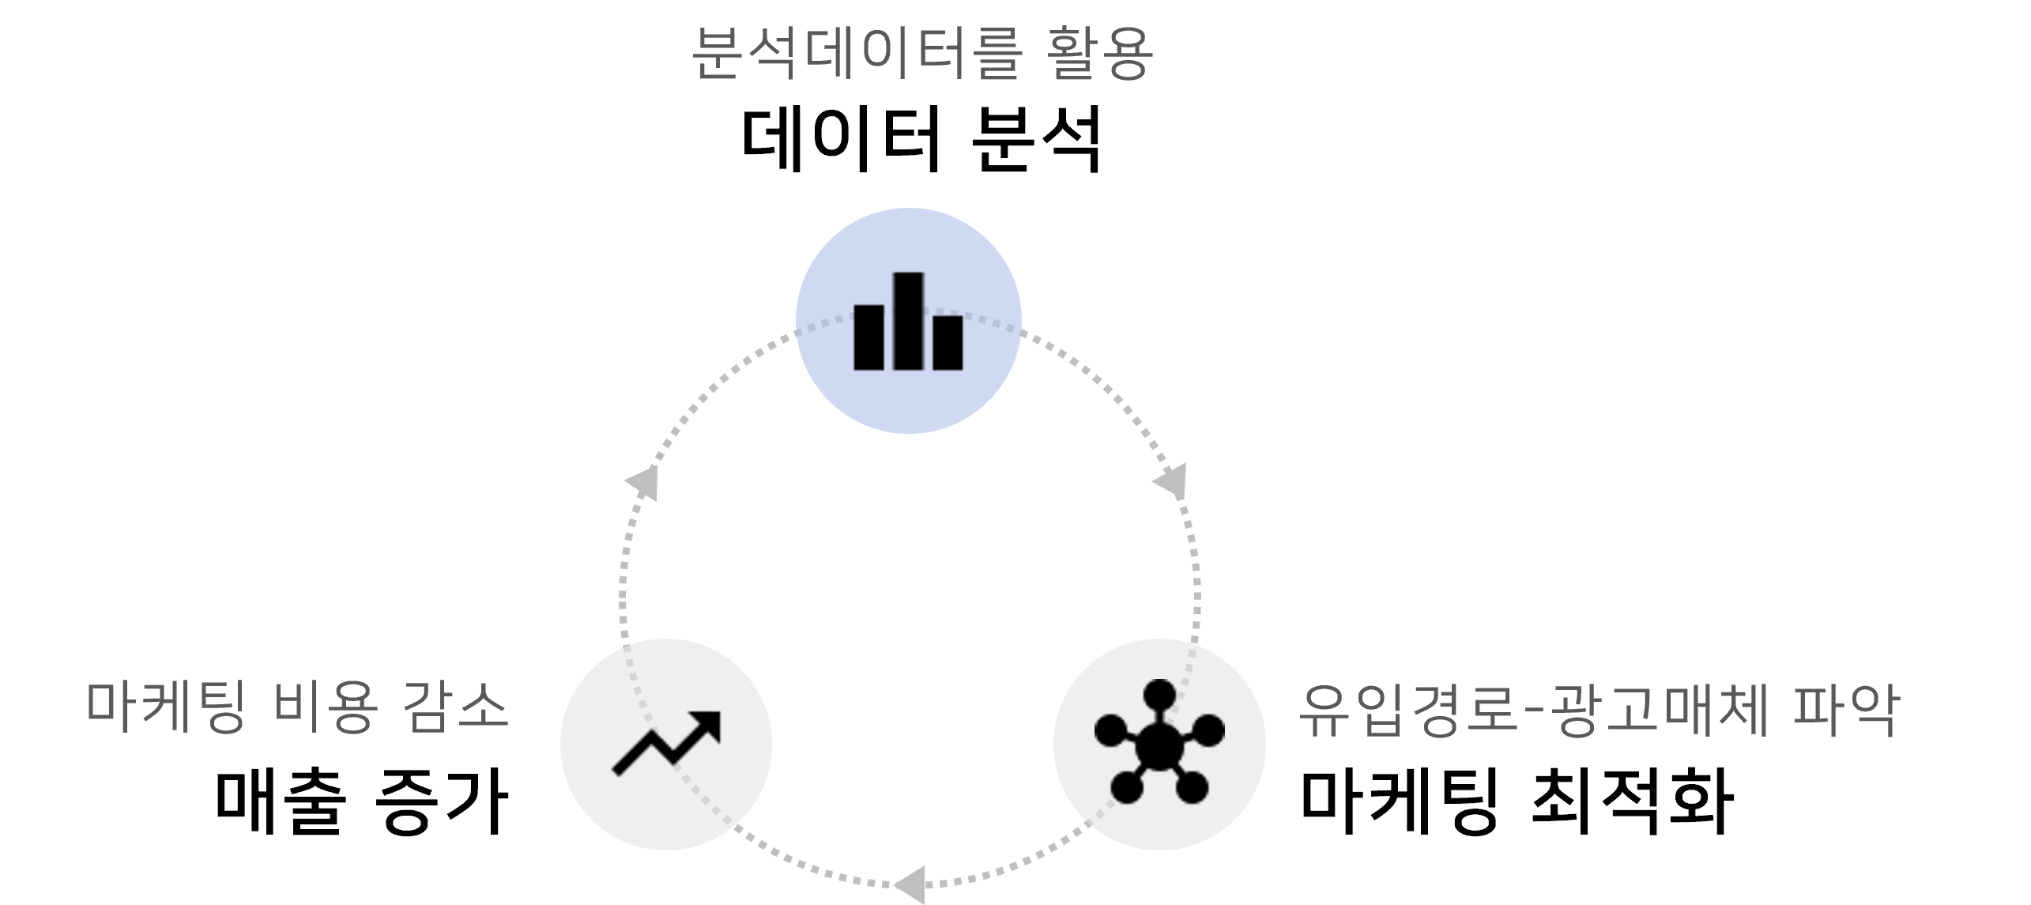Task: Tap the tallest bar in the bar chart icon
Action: (908, 320)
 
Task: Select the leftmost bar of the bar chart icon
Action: (869, 337)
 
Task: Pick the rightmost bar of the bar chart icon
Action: (948, 342)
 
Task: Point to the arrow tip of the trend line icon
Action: (710, 722)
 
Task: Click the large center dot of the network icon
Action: (1159, 744)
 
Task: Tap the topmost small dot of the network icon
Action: (1159, 695)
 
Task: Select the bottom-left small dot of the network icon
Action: (1126, 787)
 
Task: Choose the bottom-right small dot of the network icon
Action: (1192, 787)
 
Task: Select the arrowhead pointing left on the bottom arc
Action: (910, 884)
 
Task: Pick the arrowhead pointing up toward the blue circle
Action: (643, 481)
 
